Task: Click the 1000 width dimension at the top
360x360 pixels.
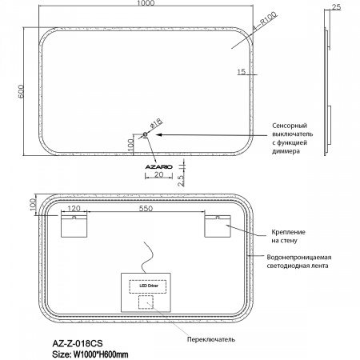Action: click(146, 3)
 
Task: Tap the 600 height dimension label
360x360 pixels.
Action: click(21, 91)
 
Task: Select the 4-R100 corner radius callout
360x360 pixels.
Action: click(265, 21)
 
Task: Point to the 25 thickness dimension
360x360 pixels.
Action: click(337, 6)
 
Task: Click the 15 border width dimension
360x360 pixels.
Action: click(241, 71)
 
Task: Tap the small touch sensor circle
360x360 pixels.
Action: click(146, 134)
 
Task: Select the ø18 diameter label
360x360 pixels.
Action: click(156, 123)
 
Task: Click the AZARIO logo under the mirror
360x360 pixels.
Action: click(158, 167)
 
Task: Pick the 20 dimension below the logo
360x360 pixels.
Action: click(158, 174)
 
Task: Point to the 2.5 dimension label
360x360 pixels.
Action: click(181, 181)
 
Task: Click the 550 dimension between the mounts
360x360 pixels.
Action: click(146, 208)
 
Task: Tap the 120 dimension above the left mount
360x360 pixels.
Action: click(74, 208)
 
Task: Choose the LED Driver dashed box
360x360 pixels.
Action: click(148, 286)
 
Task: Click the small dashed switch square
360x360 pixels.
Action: click(146, 302)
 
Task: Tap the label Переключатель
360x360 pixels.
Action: click(211, 339)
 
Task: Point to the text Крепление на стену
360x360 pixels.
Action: click(289, 236)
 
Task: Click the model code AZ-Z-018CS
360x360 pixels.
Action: click(78, 343)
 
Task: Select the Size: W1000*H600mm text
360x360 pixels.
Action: click(90, 354)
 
